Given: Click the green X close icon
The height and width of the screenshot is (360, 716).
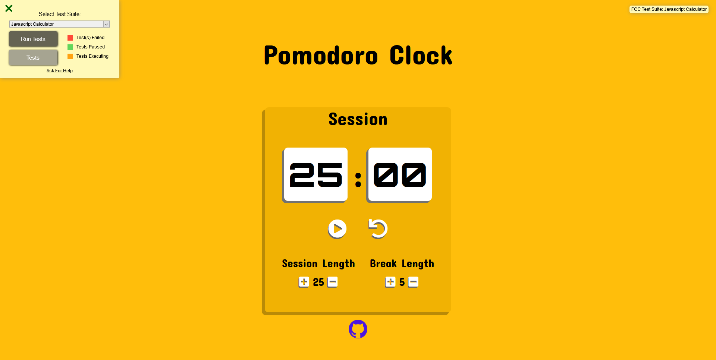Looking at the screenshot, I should pos(9,8).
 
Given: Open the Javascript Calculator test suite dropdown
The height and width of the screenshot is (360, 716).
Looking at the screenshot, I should pos(60,24).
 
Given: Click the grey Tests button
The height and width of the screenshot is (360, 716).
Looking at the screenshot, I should pos(33,58).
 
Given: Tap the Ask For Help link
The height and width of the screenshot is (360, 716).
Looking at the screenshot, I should pos(60,71).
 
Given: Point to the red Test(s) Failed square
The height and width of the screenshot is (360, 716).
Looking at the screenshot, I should pos(70,38).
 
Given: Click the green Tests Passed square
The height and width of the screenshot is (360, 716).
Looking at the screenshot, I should pos(70,47).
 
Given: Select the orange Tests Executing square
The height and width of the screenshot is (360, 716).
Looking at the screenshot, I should pos(70,56).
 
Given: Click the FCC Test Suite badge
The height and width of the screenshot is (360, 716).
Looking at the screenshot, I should pos(669,9).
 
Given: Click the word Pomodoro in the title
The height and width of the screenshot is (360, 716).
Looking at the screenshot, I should pos(321,56).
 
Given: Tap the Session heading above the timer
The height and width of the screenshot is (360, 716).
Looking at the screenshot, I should pos(358,119).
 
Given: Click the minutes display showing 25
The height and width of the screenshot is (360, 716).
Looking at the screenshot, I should pos(316,174).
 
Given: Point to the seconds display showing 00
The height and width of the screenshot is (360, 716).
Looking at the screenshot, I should pos(400,174).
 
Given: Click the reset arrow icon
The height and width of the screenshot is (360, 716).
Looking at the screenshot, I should pos(378,228).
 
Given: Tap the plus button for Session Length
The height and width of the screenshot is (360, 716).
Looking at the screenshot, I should pos(304,282).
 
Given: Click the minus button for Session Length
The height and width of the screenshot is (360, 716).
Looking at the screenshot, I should pos(333,282).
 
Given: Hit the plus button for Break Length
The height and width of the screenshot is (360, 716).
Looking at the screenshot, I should pos(390,282).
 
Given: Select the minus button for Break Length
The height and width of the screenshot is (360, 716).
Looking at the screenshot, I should pos(413,282).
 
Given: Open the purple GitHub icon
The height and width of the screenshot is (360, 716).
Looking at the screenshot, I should pos(358,329).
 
